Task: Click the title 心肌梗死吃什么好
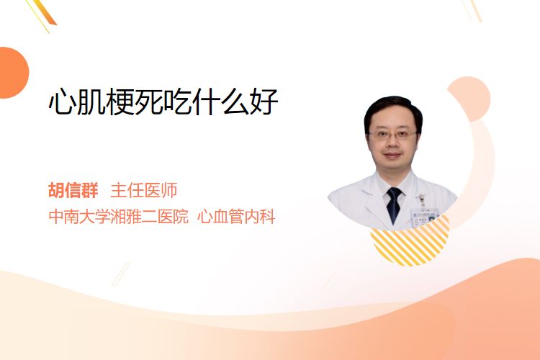point(163,102)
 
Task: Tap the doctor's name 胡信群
point(73,190)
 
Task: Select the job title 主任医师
point(144,190)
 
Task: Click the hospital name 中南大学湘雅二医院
point(119,217)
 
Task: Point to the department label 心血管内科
point(236,217)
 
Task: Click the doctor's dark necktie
point(393,204)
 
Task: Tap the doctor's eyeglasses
point(392,135)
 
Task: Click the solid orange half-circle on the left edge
point(13,73)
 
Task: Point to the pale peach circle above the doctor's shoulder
point(469,98)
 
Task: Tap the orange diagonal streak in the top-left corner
point(44,13)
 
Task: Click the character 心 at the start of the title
point(62,102)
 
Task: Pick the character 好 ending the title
point(264,102)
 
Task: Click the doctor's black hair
point(393,109)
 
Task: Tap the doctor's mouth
point(392,156)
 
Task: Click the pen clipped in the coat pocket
point(421,199)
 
